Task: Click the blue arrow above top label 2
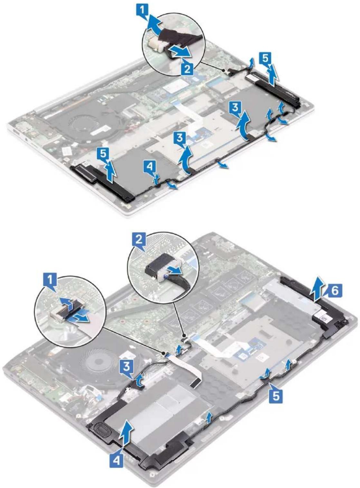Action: click(180, 53)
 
